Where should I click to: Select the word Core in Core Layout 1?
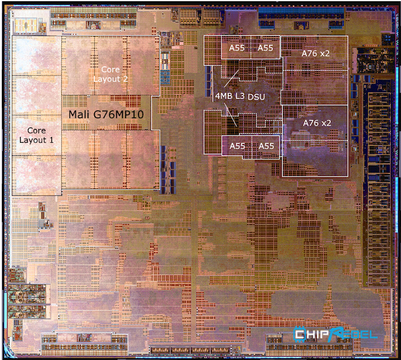(x=36, y=130)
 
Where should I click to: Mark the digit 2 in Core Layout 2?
(x=124, y=78)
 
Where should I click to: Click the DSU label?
(x=257, y=96)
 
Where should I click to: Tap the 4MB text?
(x=225, y=96)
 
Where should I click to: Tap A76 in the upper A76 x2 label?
(x=309, y=53)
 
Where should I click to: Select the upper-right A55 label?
(x=265, y=48)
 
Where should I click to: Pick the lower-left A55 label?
(x=236, y=146)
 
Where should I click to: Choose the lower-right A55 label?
(x=265, y=146)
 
